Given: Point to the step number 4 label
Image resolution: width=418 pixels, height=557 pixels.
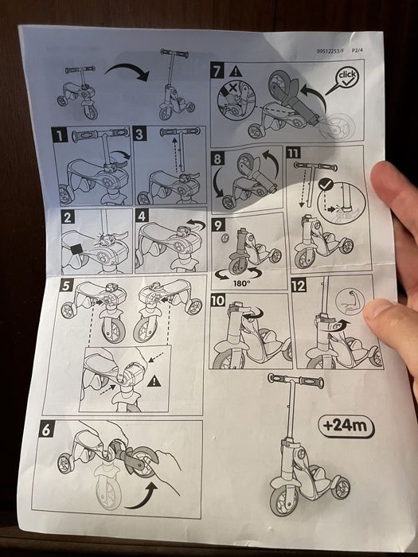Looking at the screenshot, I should tap(141, 216).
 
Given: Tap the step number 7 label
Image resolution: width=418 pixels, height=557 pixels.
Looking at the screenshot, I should tap(217, 69).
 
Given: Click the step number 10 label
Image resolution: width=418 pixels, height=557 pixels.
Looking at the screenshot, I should tap(218, 302).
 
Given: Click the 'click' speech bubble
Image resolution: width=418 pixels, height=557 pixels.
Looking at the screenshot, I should tap(346, 76).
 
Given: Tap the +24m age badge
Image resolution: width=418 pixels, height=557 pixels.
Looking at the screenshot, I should tap(348, 426).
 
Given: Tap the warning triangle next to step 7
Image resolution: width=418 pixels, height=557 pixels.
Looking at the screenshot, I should tap(237, 68).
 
